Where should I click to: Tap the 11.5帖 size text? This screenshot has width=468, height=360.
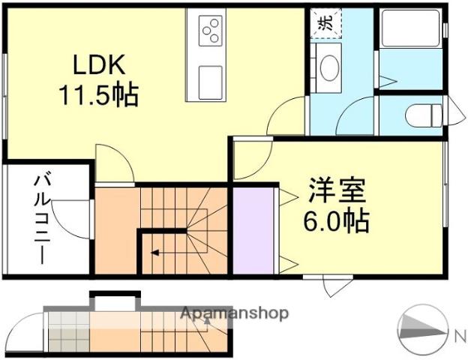point(98,95)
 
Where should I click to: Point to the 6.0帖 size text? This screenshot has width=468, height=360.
point(335,220)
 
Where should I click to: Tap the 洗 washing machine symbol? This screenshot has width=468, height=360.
point(326,22)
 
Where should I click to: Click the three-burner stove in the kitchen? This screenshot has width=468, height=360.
point(211,31)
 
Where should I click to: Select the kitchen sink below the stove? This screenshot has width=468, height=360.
point(211,78)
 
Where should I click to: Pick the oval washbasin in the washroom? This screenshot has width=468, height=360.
point(328,68)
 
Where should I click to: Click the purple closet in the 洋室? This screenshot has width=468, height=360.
point(254,231)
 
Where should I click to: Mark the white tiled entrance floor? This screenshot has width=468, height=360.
point(67,330)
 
